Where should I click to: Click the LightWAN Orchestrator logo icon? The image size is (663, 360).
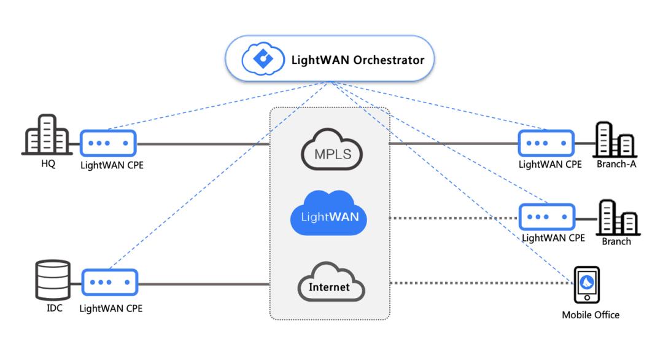click(262, 60)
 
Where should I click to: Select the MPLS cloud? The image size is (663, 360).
click(332, 151)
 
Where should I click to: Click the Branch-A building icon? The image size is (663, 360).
click(615, 140)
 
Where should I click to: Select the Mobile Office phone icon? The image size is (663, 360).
click(586, 284)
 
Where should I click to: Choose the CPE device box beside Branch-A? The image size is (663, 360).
click(546, 144)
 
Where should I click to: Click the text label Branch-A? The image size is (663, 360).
click(616, 164)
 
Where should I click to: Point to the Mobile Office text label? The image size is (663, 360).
click(591, 315)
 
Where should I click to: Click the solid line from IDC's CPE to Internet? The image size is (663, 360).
click(203, 284)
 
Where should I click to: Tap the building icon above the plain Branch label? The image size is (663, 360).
click(616, 218)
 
